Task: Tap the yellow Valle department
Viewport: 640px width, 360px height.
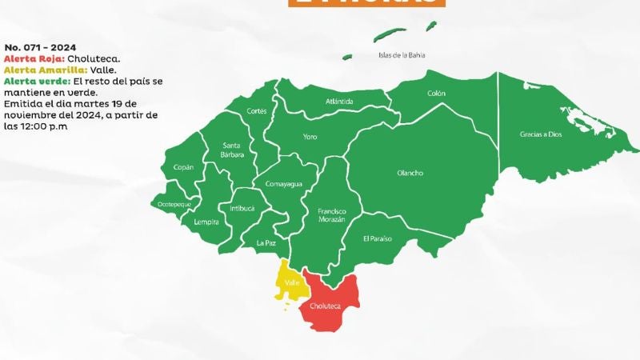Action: click(289, 282)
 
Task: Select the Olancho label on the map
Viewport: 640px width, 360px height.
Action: click(410, 173)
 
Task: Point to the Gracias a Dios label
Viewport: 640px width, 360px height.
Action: click(541, 134)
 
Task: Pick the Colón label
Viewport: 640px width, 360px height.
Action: click(436, 94)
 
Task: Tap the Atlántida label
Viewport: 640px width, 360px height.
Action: click(339, 102)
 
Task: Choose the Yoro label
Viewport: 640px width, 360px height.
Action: click(310, 137)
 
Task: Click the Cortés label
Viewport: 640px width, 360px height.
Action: click(257, 110)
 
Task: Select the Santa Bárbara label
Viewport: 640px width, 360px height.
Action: click(233, 149)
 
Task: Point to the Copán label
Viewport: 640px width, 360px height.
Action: click(183, 167)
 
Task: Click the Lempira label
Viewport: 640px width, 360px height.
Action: click(206, 222)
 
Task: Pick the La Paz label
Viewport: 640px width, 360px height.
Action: click(266, 242)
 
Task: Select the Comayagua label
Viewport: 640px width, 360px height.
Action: click(283, 184)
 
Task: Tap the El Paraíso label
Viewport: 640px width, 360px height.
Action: click(377, 238)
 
